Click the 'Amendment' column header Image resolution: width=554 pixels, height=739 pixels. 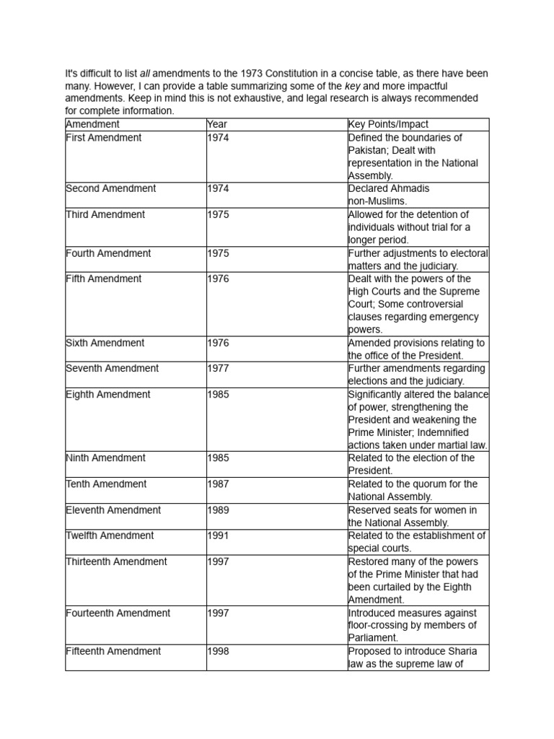coord(92,124)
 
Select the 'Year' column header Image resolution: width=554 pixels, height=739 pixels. coord(216,124)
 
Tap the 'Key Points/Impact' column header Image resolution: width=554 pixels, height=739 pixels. coord(387,124)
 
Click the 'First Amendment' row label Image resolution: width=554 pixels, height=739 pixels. coord(103,137)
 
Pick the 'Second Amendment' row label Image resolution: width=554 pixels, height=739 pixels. coord(110,188)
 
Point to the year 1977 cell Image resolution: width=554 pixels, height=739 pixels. coord(218,368)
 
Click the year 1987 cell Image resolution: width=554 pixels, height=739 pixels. coord(218,484)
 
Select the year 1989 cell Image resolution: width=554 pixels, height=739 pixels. coord(218,510)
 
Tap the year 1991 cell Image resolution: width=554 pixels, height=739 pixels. coord(218,535)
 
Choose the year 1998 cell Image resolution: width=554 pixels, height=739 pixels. coord(218,651)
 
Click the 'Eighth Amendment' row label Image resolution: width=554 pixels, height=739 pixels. coord(107,394)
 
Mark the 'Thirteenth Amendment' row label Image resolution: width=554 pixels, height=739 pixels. coord(116,561)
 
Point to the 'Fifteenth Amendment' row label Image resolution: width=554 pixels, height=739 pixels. coord(113,651)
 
